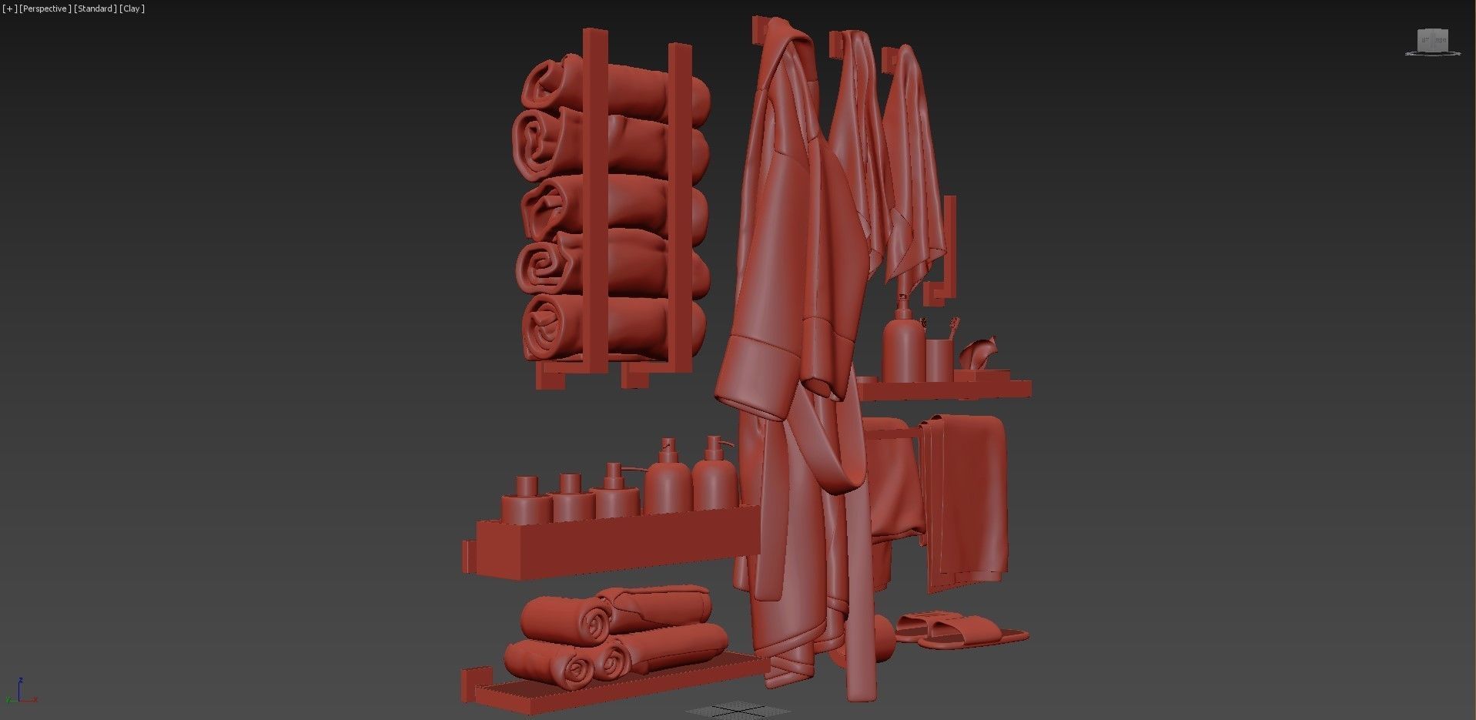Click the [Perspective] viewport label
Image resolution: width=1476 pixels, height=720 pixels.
[x=45, y=8]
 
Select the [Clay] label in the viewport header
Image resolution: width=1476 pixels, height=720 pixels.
[x=132, y=8]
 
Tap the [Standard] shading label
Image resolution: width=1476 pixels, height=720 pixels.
[x=95, y=8]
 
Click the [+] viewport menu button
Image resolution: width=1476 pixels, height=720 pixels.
[x=8, y=8]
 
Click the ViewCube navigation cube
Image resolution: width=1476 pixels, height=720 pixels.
[x=1433, y=42]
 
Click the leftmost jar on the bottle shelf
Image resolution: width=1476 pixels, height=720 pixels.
[x=526, y=501]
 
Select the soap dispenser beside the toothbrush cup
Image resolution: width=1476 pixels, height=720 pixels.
[x=902, y=347]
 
